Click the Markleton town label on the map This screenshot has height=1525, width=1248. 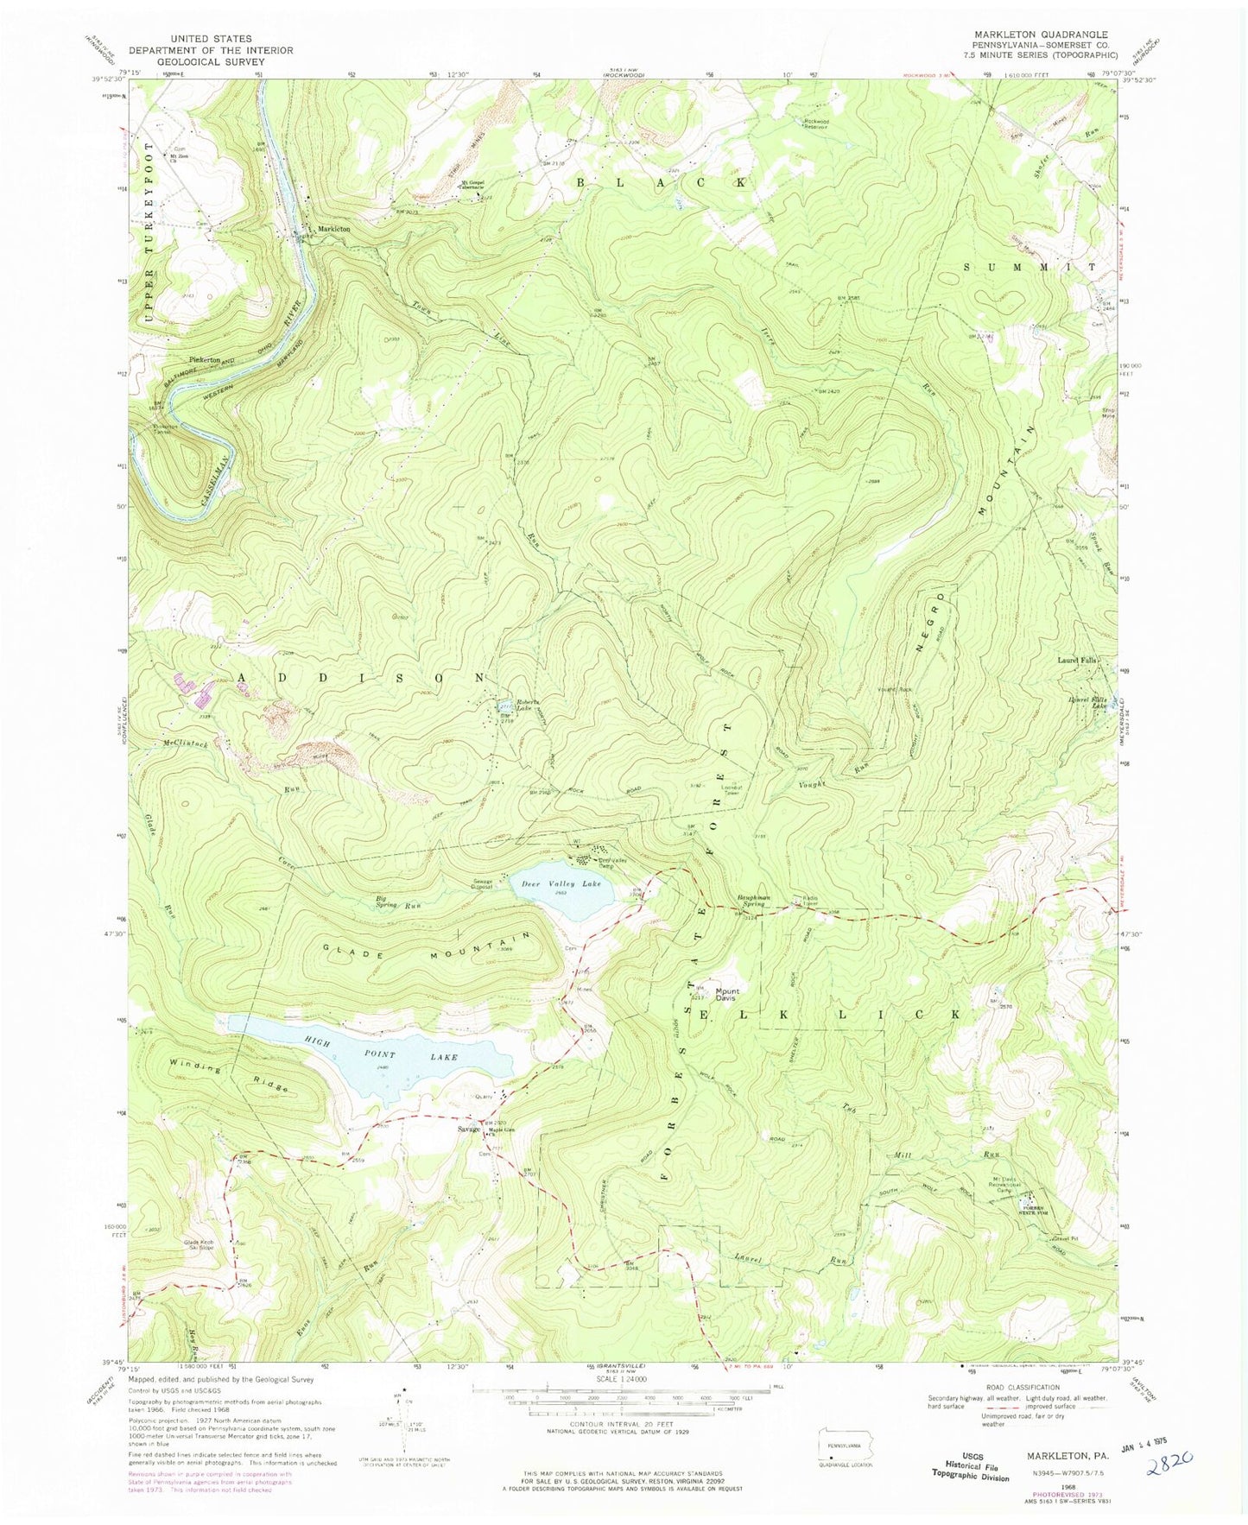(333, 229)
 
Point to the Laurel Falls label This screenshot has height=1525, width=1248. (1076, 661)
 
